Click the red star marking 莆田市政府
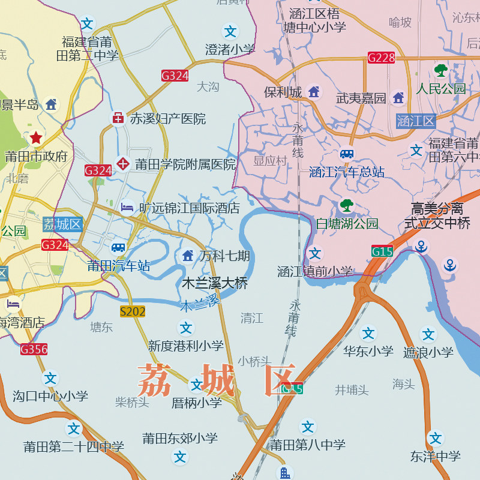[x=36, y=137]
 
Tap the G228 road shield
[x=382, y=58]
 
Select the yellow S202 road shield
[x=133, y=311]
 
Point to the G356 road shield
[x=34, y=349]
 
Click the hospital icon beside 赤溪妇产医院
[x=118, y=118]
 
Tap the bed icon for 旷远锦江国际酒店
[x=127, y=208]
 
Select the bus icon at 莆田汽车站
[x=119, y=247]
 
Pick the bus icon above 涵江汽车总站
[x=347, y=154]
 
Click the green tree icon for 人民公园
[x=441, y=71]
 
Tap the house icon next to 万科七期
[x=188, y=256]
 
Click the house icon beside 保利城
[x=313, y=92]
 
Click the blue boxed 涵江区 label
[x=415, y=121]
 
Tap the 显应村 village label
[x=270, y=161]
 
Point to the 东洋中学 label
[x=436, y=457]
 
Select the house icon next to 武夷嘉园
[x=398, y=97]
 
